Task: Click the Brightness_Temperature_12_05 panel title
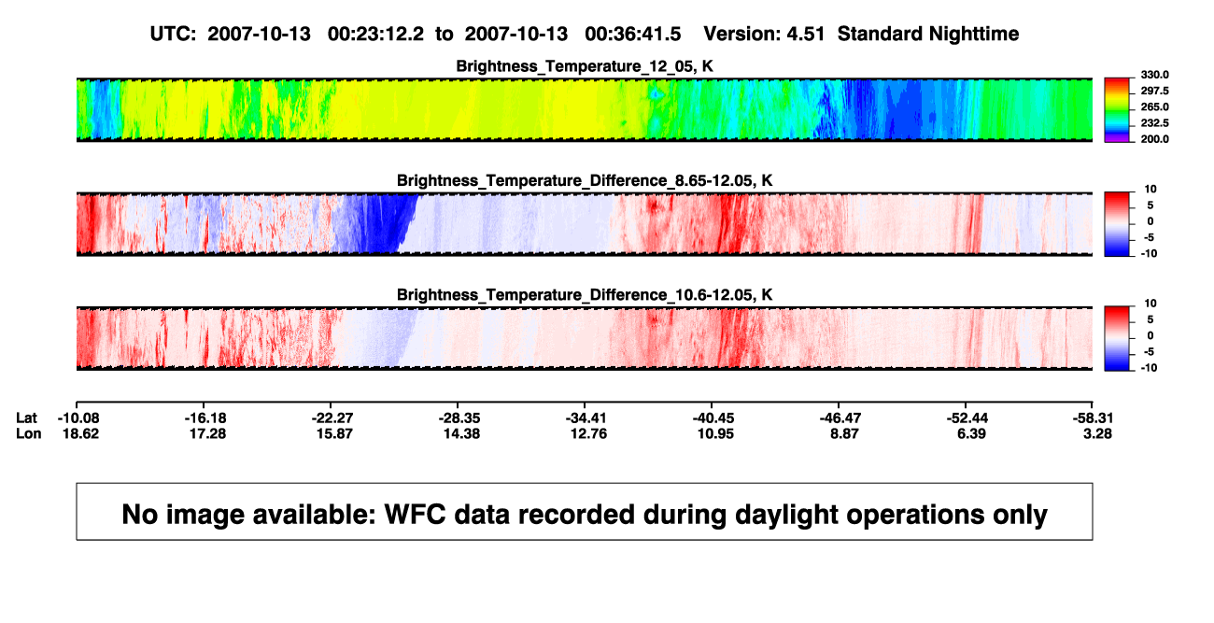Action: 585,66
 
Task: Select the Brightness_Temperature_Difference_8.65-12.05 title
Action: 585,180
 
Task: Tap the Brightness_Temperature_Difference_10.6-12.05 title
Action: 585,295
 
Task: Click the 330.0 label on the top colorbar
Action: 1154,75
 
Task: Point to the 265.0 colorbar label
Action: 1154,106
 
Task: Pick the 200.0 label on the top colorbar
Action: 1154,139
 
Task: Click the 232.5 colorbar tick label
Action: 1154,123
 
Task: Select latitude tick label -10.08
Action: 78,418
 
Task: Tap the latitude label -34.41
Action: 586,418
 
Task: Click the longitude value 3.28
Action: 1097,433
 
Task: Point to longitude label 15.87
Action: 334,433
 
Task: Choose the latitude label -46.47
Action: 840,418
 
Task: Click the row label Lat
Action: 26,418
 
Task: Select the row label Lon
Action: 29,433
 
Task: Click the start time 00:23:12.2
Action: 375,35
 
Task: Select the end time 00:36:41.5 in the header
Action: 633,35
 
